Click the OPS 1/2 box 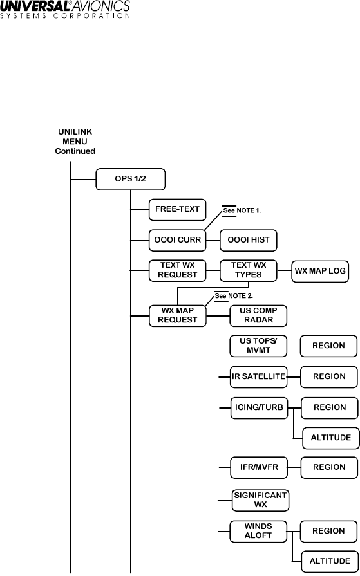(131, 180)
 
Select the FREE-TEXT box (177, 210)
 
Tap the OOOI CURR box (177, 241)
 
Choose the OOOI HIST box (249, 241)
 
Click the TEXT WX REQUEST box (177, 271)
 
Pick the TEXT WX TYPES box (249, 271)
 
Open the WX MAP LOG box (320, 272)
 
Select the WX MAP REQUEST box (178, 316)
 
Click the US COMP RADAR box (258, 316)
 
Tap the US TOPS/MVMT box (258, 346)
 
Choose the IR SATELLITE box (259, 377)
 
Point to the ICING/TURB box (260, 408)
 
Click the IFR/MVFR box (260, 468)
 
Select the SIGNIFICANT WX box (260, 500)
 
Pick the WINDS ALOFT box (258, 532)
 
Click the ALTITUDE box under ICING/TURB (331, 438)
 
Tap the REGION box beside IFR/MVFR (329, 468)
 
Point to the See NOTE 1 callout (242, 211)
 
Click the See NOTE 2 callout (233, 296)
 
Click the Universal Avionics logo (65, 10)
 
